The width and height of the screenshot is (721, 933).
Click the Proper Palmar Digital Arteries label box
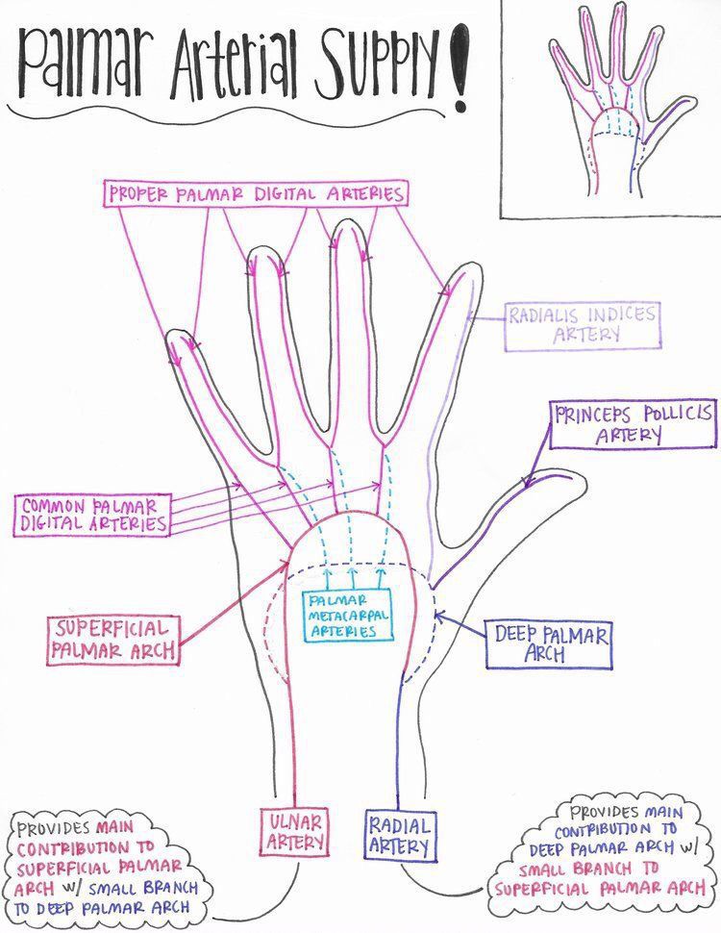tap(255, 193)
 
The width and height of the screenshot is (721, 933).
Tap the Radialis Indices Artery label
tap(583, 325)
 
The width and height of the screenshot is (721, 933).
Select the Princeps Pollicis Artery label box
tap(633, 424)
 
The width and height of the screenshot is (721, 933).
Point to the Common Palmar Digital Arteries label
tap(92, 515)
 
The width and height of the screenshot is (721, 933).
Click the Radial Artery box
tap(399, 834)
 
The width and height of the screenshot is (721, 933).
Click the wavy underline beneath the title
tap(231, 108)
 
